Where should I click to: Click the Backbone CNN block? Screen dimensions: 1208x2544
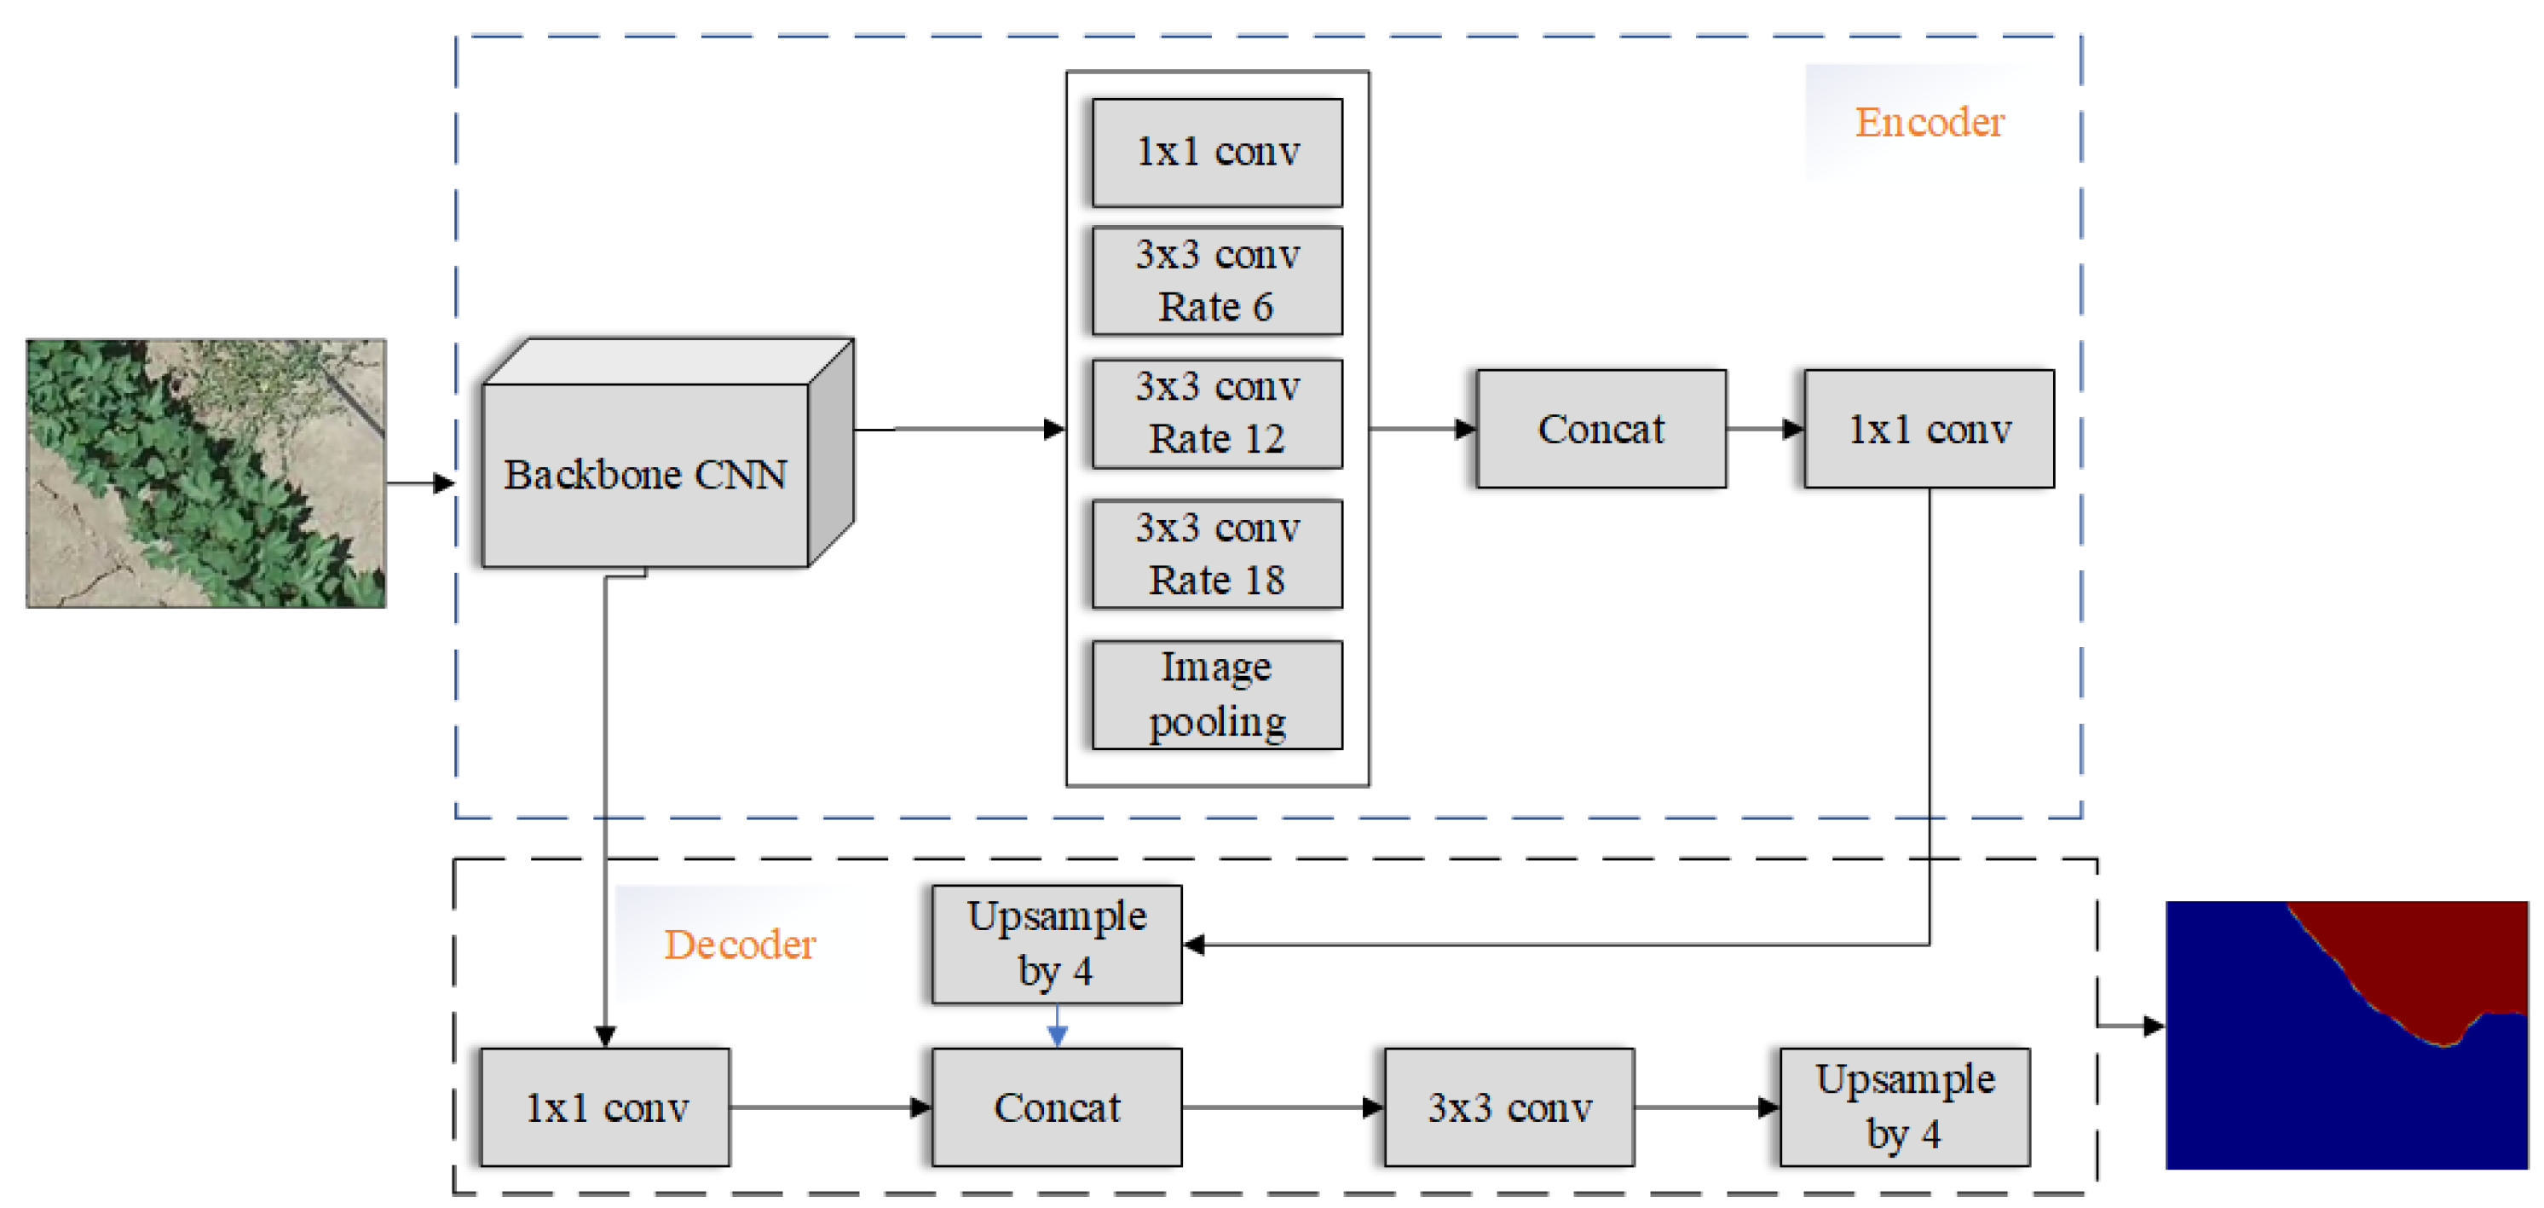646,475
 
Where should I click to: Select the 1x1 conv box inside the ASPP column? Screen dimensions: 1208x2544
1217,152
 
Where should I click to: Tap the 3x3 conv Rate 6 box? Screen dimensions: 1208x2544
1217,281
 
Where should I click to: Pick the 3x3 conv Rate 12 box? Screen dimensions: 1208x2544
1217,413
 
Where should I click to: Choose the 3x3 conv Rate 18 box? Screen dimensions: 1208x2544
1217,554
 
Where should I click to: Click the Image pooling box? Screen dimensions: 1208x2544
1217,695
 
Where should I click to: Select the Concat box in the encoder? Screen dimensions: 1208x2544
1601,429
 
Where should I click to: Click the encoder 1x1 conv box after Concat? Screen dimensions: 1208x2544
1929,429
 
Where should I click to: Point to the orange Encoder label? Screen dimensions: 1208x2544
1929,123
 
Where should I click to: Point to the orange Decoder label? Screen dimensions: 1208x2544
740,945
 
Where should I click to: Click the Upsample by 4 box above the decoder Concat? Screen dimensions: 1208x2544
1057,945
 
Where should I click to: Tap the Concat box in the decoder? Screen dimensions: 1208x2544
1057,1107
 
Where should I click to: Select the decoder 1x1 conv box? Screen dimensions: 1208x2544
605,1107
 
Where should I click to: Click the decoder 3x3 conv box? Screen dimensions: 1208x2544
1509,1107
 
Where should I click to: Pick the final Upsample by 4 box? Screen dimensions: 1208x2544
1905,1107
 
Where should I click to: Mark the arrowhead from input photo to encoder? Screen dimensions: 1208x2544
443,483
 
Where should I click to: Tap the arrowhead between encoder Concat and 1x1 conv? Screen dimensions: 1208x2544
1791,429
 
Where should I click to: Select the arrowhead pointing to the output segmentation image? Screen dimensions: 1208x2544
2153,1026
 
